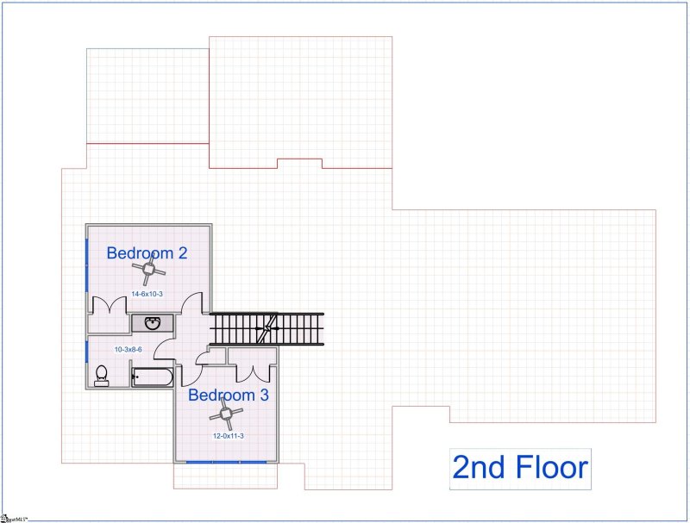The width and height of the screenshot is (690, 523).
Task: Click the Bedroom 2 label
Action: (147, 253)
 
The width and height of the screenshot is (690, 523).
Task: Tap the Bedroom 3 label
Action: (229, 395)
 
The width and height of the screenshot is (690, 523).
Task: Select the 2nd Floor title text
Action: (520, 469)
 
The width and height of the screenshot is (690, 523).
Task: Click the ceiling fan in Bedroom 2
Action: (148, 273)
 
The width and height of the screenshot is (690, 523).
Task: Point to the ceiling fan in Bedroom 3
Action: (227, 415)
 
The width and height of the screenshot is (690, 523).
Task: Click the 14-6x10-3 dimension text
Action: (147, 295)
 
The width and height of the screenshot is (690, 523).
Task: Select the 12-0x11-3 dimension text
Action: (229, 436)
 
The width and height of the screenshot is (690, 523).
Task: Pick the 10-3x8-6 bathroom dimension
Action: (129, 350)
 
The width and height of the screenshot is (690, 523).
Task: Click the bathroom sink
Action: (153, 324)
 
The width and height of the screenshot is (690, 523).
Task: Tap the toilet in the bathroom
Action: (101, 374)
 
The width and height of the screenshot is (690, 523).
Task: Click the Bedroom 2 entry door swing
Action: (193, 305)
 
